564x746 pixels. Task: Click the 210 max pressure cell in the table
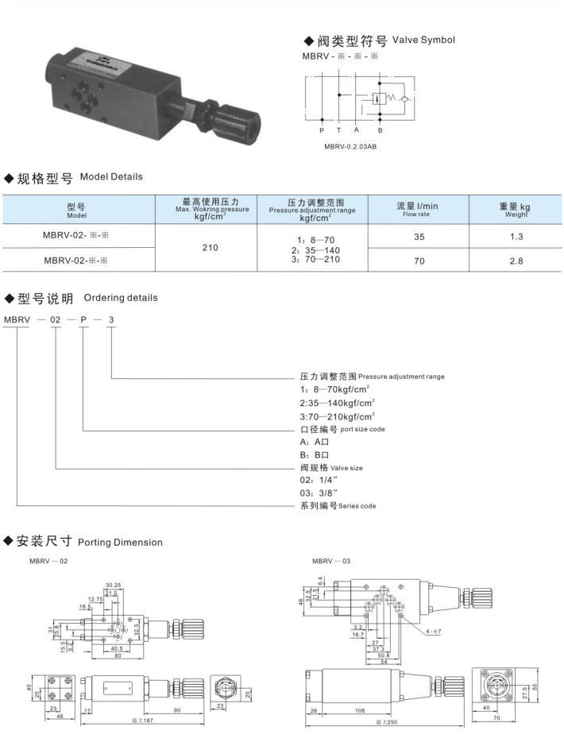pos(211,247)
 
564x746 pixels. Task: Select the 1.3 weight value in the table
pos(516,236)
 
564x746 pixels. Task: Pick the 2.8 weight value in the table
pos(516,259)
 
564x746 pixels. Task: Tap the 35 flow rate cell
pos(417,236)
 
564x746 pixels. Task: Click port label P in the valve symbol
pos(322,129)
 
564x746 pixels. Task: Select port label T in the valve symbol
pos(339,129)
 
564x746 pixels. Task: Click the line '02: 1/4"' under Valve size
pos(317,481)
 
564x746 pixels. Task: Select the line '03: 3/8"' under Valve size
pos(317,493)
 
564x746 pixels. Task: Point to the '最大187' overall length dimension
pos(144,721)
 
